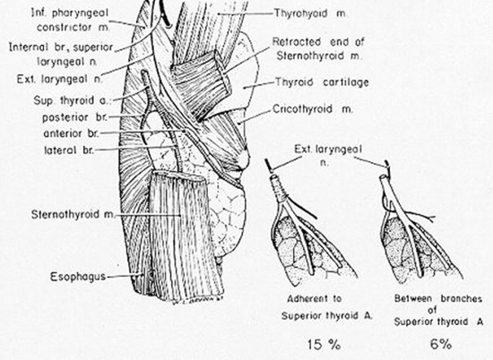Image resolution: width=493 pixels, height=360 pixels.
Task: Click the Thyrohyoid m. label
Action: [x=310, y=13]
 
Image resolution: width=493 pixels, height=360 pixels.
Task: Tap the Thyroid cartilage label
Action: [x=322, y=82]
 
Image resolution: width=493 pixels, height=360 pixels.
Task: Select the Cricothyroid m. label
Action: [x=313, y=109]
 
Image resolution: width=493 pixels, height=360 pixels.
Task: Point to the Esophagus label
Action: [x=78, y=277]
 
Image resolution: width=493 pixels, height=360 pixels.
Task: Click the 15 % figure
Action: [x=324, y=345]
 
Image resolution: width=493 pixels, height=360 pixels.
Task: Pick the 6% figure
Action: [x=441, y=344]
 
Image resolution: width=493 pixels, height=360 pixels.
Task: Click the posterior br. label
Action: [x=74, y=117]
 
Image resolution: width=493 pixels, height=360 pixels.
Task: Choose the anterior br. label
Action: [x=72, y=133]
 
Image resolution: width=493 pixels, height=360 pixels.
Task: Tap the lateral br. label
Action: [x=69, y=150]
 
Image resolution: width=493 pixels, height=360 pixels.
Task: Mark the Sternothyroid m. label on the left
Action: [x=73, y=215]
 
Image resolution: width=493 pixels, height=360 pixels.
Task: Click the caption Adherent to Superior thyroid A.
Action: [x=327, y=307]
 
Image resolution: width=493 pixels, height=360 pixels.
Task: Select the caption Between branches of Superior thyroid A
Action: [x=438, y=310]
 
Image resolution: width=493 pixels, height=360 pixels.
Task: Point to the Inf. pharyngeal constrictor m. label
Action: [x=70, y=20]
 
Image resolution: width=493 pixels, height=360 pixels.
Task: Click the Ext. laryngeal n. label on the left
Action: [x=60, y=79]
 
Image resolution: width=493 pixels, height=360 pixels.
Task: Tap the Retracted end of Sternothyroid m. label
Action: [x=318, y=48]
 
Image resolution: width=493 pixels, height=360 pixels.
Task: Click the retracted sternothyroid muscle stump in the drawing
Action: [x=201, y=79]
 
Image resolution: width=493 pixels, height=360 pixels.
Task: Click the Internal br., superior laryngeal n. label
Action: [x=61, y=54]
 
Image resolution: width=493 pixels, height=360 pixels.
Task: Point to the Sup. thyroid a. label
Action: [x=74, y=101]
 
